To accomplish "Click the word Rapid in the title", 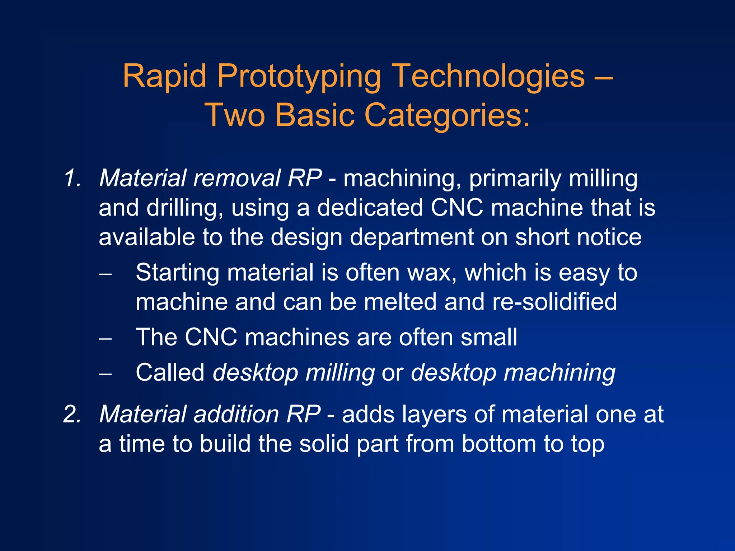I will (x=164, y=76).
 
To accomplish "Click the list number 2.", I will (x=72, y=414).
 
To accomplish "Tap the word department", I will (x=412, y=238).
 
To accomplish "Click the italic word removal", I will (x=237, y=178).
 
